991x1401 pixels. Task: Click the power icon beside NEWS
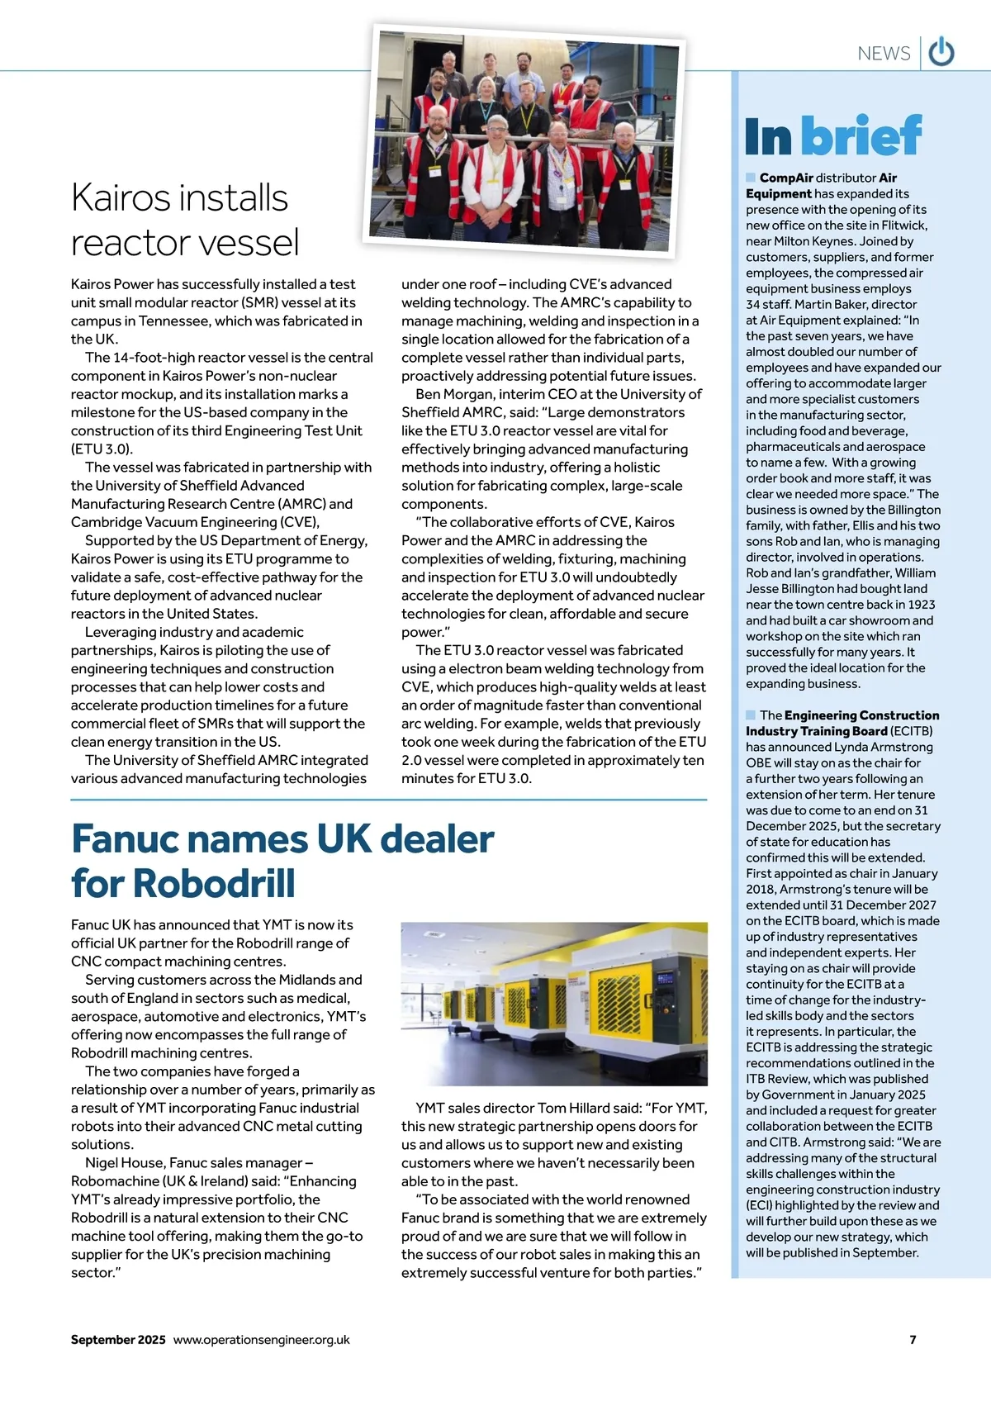(x=941, y=52)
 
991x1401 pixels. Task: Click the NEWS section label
(x=884, y=54)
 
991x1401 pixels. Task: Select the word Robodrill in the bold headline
(x=214, y=883)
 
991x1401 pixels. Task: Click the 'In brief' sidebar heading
(x=832, y=136)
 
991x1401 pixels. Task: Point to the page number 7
(x=913, y=1340)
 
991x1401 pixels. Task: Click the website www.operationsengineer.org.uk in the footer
(x=261, y=1340)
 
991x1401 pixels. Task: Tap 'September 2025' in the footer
(x=118, y=1340)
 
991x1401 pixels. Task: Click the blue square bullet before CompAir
(x=751, y=178)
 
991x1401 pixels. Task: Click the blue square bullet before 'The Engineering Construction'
(x=751, y=715)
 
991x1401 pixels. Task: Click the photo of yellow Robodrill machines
(x=554, y=1003)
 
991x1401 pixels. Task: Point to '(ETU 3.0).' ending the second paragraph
(x=102, y=449)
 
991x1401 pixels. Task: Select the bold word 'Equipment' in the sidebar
(x=779, y=194)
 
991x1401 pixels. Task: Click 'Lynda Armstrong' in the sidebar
(x=885, y=747)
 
